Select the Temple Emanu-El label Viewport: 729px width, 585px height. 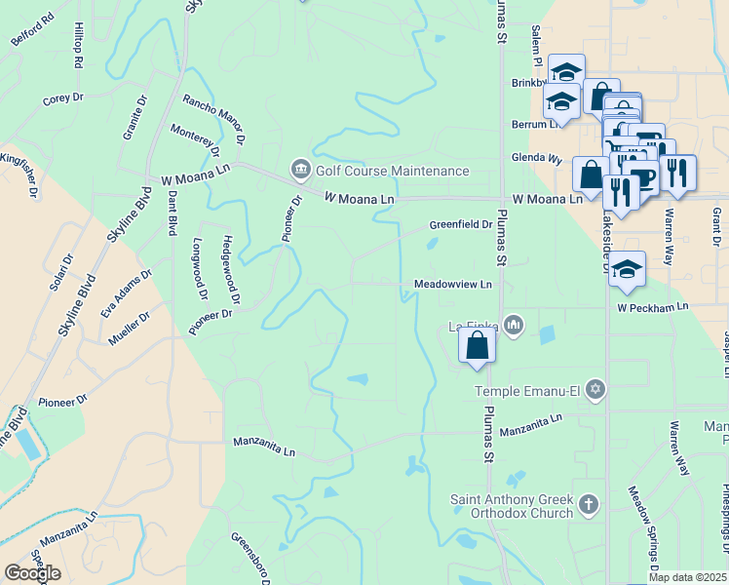click(527, 391)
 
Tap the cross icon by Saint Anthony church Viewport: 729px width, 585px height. click(587, 505)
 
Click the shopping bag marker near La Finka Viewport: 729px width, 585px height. click(477, 345)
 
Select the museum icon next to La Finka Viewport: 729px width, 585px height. click(515, 326)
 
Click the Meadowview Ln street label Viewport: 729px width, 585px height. click(453, 285)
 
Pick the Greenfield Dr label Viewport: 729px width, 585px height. click(461, 225)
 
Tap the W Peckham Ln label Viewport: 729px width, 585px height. click(652, 306)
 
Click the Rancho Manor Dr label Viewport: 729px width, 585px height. click(213, 120)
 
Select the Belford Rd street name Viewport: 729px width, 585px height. click(30, 38)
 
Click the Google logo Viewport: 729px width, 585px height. click(32, 573)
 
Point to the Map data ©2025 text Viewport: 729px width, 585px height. click(687, 577)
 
